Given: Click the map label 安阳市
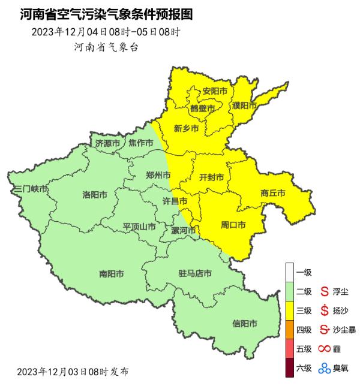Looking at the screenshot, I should coord(215,91).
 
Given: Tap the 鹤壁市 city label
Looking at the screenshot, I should coord(203,108).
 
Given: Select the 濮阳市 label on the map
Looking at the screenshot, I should coord(244,105).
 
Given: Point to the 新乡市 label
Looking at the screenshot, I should coord(186,128).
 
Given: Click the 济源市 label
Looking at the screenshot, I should coord(108,143).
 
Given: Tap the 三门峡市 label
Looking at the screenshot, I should coord(30,189).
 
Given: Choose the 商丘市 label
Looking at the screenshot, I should coord(272,193).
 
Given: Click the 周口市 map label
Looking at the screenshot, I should coord(233,225).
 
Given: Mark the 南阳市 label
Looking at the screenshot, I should coord(112,274).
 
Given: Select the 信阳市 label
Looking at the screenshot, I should coord(245,324).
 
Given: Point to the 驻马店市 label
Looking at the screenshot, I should coord(195,274).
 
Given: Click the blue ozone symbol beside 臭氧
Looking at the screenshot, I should coord(325,368).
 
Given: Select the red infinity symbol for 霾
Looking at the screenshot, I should coord(325,349).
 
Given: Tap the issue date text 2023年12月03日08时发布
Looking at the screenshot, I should coord(73,372).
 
